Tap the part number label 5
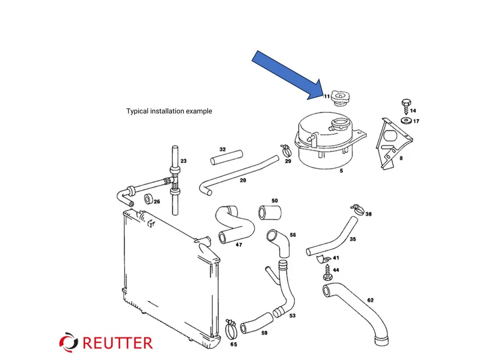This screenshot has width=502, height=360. pyautogui.click(x=341, y=170)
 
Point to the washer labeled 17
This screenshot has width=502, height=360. pyautogui.click(x=405, y=121)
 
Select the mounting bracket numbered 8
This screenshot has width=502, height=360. pyautogui.click(x=391, y=141)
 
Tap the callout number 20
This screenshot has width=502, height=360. pyautogui.click(x=243, y=180)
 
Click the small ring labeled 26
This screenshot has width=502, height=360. pyautogui.click(x=149, y=199)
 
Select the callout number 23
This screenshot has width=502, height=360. pyautogui.click(x=184, y=161)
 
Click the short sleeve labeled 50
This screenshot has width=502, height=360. pyautogui.click(x=270, y=212)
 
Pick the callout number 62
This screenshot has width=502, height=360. pyautogui.click(x=370, y=300)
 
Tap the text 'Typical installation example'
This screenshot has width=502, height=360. pyautogui.click(x=169, y=111)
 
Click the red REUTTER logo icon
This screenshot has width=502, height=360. pyautogui.click(x=69, y=342)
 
